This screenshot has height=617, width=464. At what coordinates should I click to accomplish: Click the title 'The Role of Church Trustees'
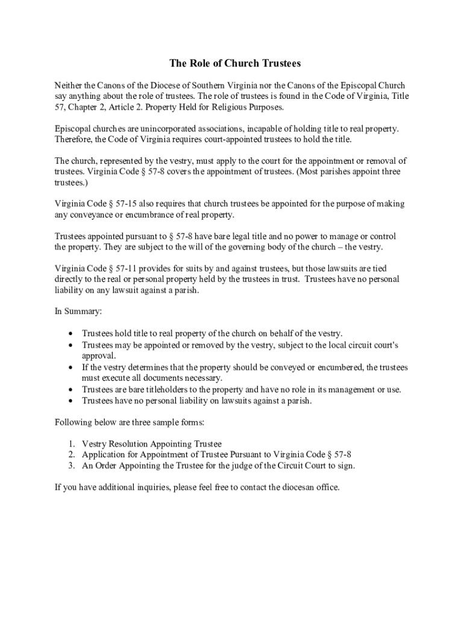tap(234, 63)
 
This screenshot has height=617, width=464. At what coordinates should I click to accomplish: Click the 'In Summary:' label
tap(78, 312)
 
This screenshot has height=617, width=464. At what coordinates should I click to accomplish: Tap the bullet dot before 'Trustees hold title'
tap(72, 333)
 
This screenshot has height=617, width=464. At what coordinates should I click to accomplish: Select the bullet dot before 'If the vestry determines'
tap(72, 367)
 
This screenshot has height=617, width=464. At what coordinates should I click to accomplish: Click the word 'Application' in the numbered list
tap(105, 454)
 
